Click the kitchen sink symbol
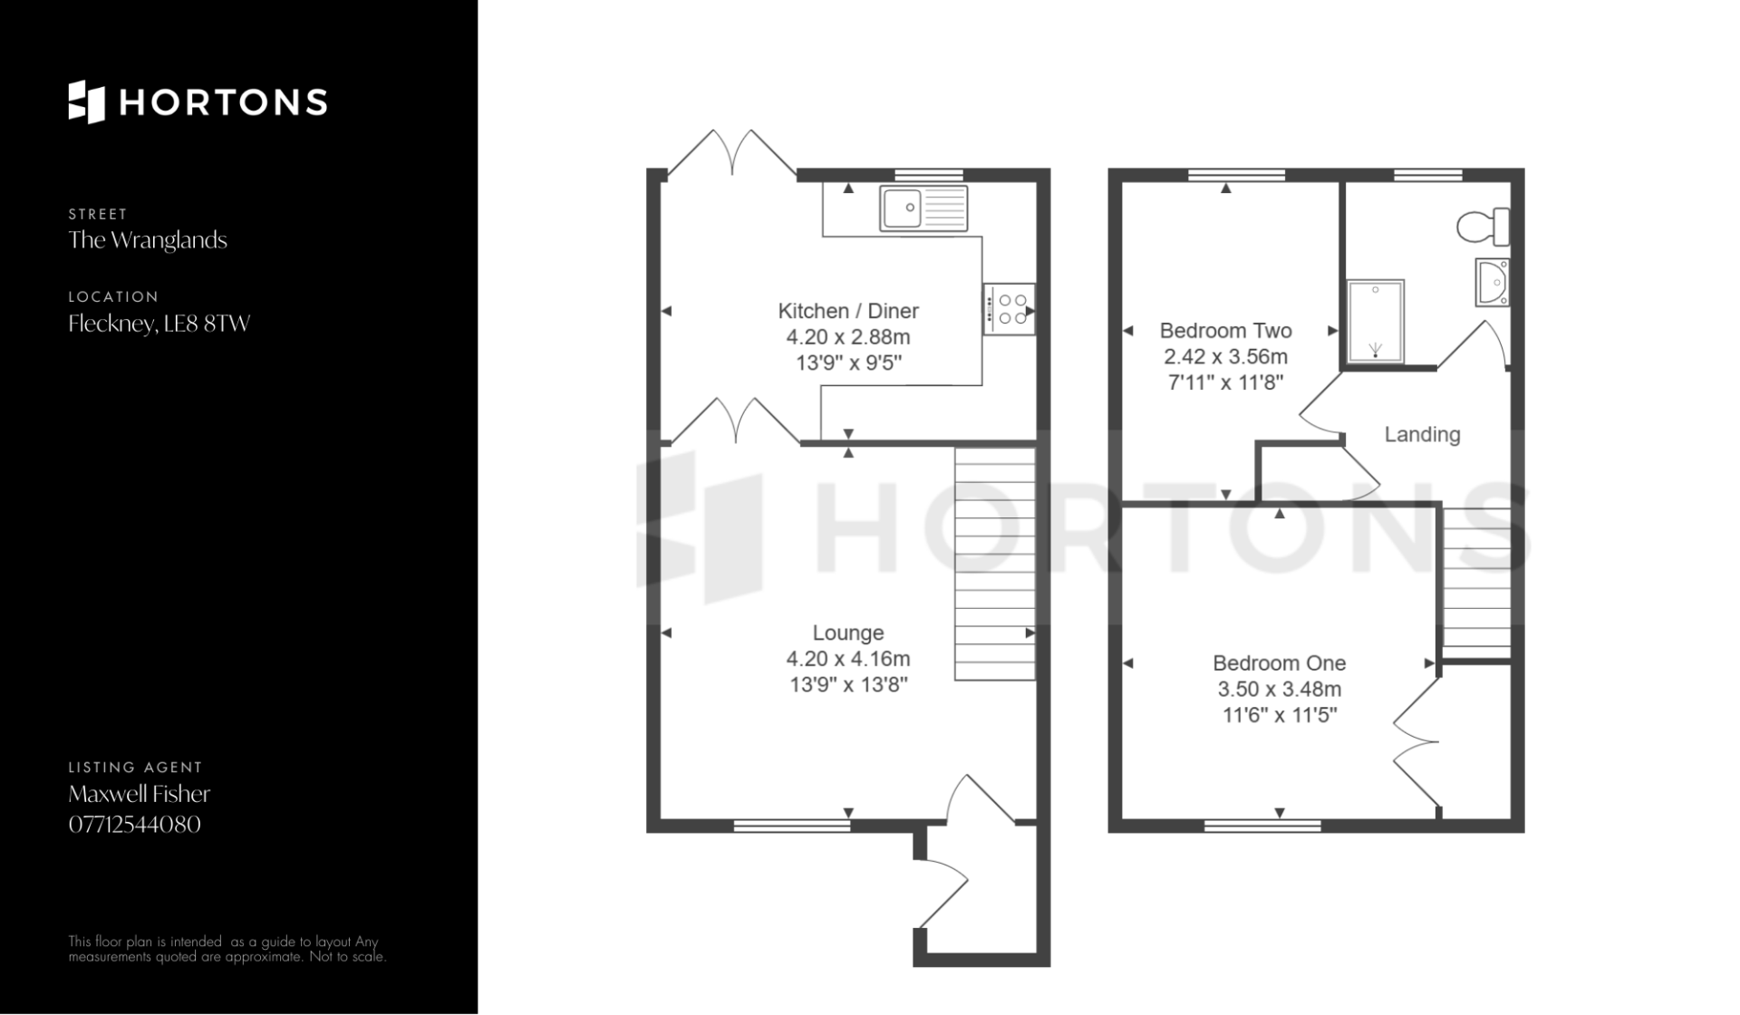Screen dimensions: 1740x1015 (923, 208)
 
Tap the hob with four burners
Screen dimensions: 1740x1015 (1009, 309)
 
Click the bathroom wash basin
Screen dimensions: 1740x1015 (1493, 282)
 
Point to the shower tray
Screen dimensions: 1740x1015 (1375, 322)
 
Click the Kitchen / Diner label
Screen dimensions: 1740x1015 (848, 311)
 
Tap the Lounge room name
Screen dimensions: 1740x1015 (848, 633)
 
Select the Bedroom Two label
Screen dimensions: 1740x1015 (1225, 331)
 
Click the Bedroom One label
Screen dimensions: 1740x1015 (1279, 663)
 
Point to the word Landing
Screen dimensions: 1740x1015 (1422, 435)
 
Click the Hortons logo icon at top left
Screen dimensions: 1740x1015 (87, 101)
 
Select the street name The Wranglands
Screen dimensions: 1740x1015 (148, 240)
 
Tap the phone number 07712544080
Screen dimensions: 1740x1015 (135, 825)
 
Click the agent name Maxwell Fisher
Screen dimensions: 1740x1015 (140, 794)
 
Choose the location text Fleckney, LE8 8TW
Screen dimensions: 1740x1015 (159, 324)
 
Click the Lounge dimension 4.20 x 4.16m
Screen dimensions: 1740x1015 (848, 659)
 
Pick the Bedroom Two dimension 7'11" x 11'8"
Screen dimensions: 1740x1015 (1225, 382)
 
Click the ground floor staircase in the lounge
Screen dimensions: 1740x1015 (995, 563)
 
